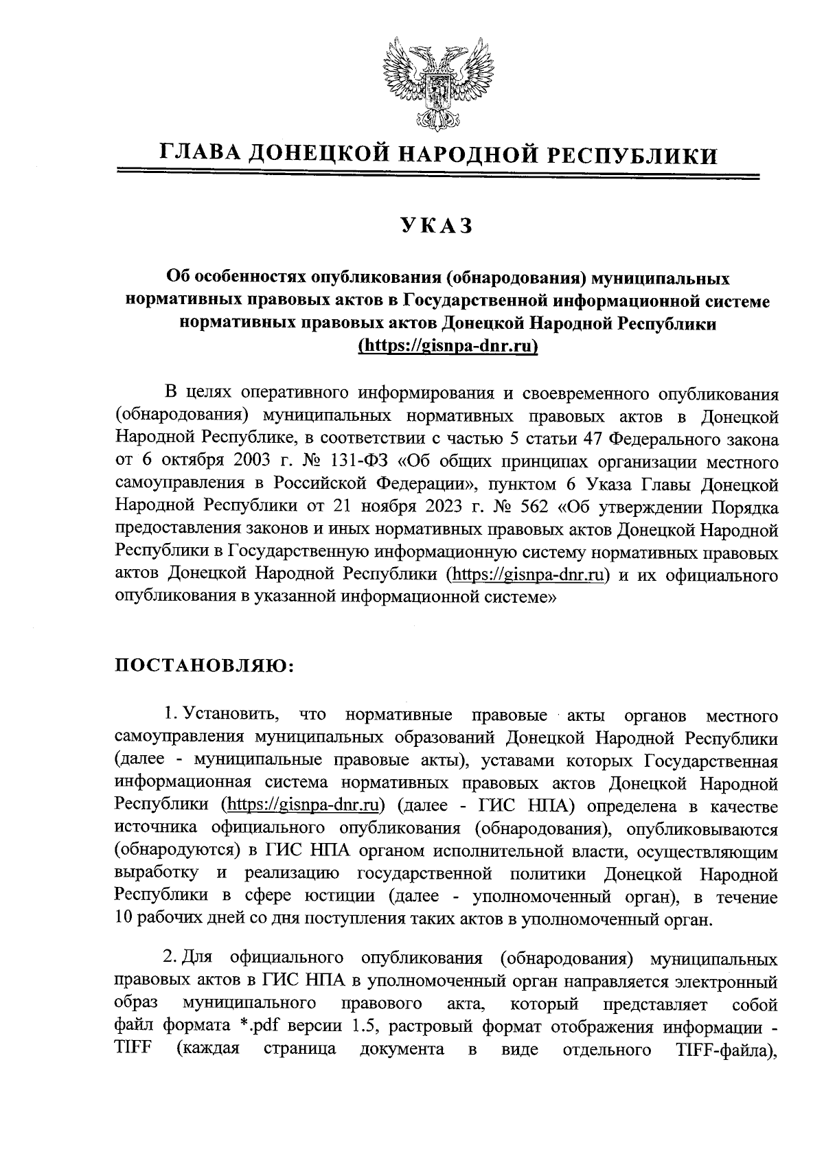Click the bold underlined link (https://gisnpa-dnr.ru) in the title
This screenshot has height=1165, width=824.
point(448,346)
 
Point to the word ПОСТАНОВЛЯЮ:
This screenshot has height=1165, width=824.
point(203,666)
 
